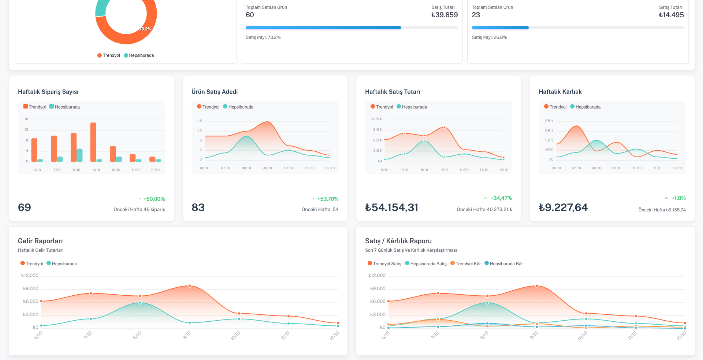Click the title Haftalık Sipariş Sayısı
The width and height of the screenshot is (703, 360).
(48, 91)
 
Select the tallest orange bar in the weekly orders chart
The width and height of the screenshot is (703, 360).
(93, 141)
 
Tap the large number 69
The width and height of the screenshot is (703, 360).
(25, 208)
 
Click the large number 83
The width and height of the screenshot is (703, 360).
(198, 208)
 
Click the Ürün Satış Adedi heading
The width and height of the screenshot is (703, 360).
(216, 91)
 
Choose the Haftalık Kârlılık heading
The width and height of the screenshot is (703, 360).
(560, 91)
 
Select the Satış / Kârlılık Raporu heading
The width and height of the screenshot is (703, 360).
(401, 241)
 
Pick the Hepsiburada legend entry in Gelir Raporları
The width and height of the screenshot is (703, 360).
(62, 263)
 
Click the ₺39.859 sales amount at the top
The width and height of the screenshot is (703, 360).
(445, 15)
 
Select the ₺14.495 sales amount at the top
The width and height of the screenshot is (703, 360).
(671, 15)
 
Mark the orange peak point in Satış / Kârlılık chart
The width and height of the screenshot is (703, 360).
(536, 285)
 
